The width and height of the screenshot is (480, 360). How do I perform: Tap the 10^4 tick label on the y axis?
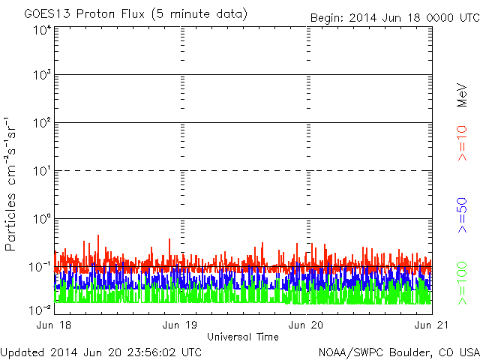(42, 31)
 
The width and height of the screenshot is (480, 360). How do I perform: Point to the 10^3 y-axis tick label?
(42, 75)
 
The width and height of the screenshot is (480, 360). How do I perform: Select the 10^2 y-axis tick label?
(42, 123)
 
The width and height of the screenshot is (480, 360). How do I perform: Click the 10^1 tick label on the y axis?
(42, 171)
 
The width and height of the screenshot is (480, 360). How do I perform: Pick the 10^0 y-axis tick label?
(42, 219)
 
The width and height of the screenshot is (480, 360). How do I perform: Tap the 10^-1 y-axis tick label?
(40, 267)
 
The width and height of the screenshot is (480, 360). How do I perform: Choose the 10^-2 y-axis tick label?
(40, 309)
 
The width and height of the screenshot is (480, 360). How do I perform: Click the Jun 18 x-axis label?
(55, 325)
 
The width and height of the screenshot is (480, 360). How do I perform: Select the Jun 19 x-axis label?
(181, 325)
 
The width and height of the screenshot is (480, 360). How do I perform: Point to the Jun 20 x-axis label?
(306, 325)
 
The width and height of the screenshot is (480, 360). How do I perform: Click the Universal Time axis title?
(242, 337)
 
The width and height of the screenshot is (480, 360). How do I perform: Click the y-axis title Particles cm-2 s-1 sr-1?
(13, 183)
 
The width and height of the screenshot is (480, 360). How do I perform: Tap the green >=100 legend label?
(463, 281)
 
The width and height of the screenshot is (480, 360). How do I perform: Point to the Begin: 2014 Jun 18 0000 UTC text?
(393, 17)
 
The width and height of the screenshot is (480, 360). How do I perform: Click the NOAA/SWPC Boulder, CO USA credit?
(398, 352)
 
